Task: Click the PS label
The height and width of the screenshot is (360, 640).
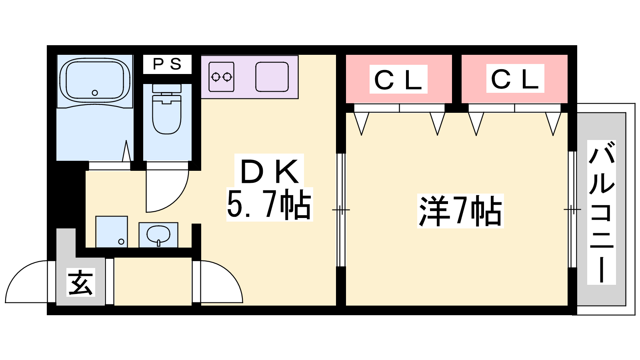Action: tap(167, 64)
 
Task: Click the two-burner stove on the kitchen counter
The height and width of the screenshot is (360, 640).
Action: tap(221, 76)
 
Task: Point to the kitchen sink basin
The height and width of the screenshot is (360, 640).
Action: tap(272, 76)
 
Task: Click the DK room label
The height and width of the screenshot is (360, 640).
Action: tap(269, 172)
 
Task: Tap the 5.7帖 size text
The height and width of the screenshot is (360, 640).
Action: tap(269, 204)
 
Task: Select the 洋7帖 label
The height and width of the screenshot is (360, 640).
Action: tap(460, 211)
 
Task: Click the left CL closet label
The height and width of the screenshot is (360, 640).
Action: tap(398, 80)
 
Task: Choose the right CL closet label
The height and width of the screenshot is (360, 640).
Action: tap(515, 79)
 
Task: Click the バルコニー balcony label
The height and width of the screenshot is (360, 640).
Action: tap(601, 212)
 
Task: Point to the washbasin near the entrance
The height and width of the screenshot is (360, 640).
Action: tap(158, 235)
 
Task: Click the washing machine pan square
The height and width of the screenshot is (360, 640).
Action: tap(112, 232)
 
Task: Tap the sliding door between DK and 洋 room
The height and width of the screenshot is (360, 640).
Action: tap(340, 210)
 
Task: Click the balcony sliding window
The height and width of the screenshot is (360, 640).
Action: tap(572, 210)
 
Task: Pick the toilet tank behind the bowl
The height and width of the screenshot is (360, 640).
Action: tap(167, 88)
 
